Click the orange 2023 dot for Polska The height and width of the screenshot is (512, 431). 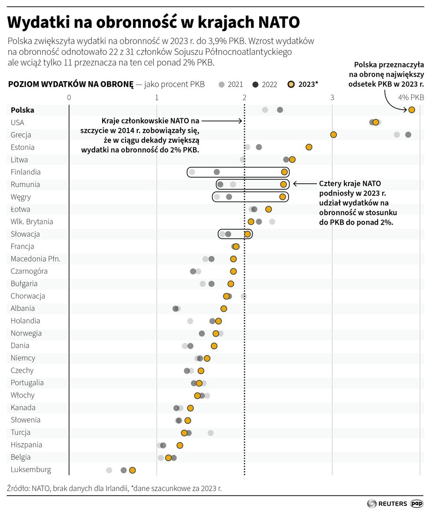411,110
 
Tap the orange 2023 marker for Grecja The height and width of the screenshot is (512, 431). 334,135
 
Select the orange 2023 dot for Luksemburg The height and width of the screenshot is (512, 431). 132,470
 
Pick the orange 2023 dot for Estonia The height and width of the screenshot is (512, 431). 309,147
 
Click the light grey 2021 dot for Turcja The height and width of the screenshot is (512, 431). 210,433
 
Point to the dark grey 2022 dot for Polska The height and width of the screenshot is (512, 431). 280,110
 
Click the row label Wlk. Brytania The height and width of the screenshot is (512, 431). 32,221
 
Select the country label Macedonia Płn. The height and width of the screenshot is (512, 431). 36,259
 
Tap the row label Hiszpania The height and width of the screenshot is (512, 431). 26,444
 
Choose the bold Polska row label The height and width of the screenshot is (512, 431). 22,110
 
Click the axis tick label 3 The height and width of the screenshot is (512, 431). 332,98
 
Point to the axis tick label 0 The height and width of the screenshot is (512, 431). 69,98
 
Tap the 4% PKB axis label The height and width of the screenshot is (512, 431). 411,98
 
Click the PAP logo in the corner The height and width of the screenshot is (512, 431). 417,503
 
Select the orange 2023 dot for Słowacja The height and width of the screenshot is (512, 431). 247,234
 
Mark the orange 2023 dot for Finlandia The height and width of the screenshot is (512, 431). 284,172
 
